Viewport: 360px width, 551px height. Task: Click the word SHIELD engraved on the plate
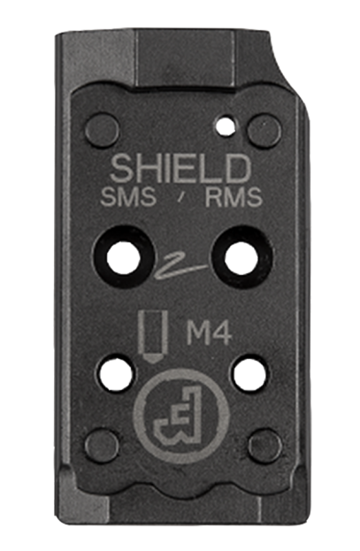(180, 169)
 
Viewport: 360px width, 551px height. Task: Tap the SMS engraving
(128, 196)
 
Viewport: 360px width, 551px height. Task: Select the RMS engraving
(234, 196)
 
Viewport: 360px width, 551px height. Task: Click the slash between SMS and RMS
(181, 199)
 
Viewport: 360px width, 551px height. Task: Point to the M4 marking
(209, 333)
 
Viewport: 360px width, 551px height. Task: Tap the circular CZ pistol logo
(181, 416)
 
